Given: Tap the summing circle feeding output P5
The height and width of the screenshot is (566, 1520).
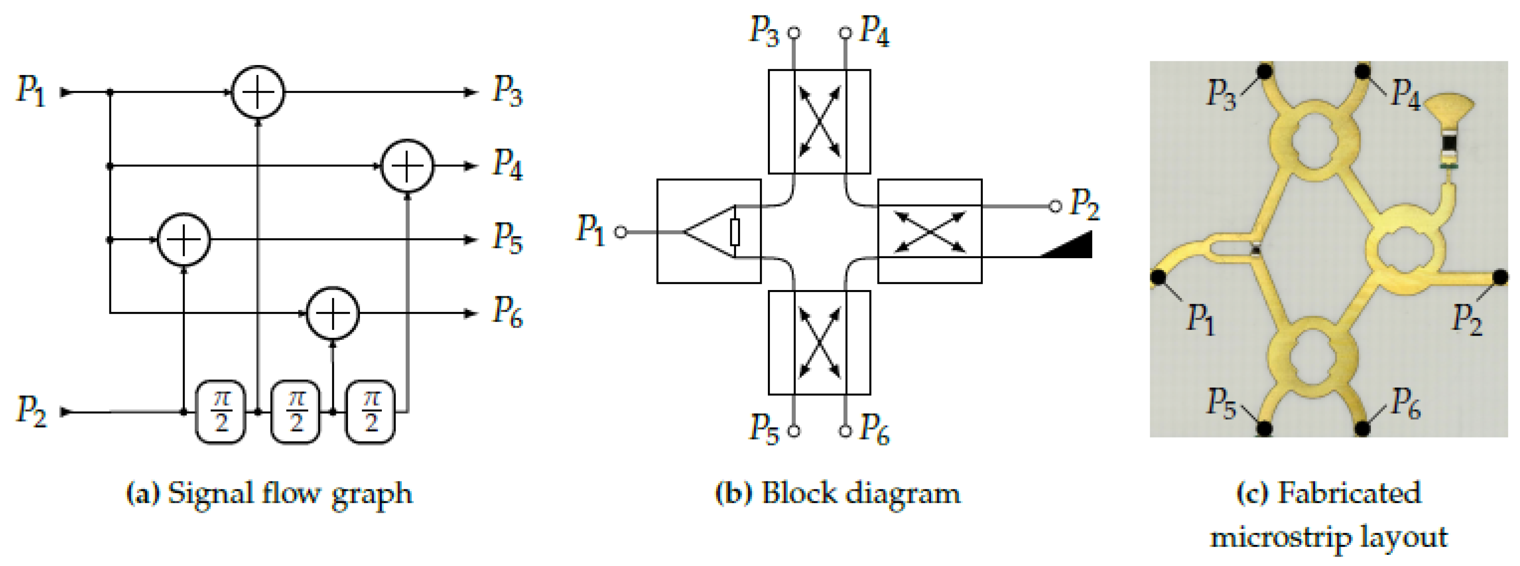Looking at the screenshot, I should coord(183,239).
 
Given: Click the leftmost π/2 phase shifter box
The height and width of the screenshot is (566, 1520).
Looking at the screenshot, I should coord(221,412).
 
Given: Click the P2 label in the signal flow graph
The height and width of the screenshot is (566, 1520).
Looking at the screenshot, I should coord(31,411).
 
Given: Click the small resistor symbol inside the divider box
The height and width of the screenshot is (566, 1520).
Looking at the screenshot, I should coord(735,232).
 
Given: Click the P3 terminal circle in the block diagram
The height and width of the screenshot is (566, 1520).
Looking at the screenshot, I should coord(794,33).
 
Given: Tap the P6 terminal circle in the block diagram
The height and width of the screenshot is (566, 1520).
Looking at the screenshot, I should coord(846,431).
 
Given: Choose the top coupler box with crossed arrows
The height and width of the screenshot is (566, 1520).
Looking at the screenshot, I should coord(819,121).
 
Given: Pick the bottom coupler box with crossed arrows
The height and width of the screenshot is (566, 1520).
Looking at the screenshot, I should coord(819,342).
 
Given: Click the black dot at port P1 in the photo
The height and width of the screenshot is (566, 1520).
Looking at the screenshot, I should coord(1158,276).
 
